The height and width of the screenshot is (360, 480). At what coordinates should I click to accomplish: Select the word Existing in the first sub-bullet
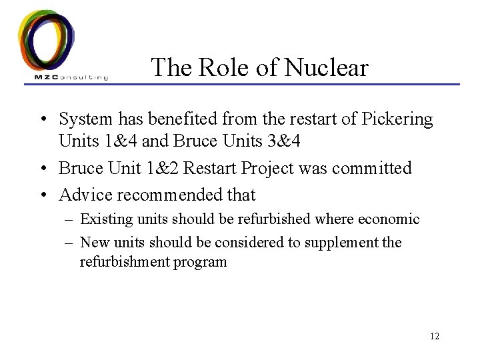[x=104, y=219]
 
